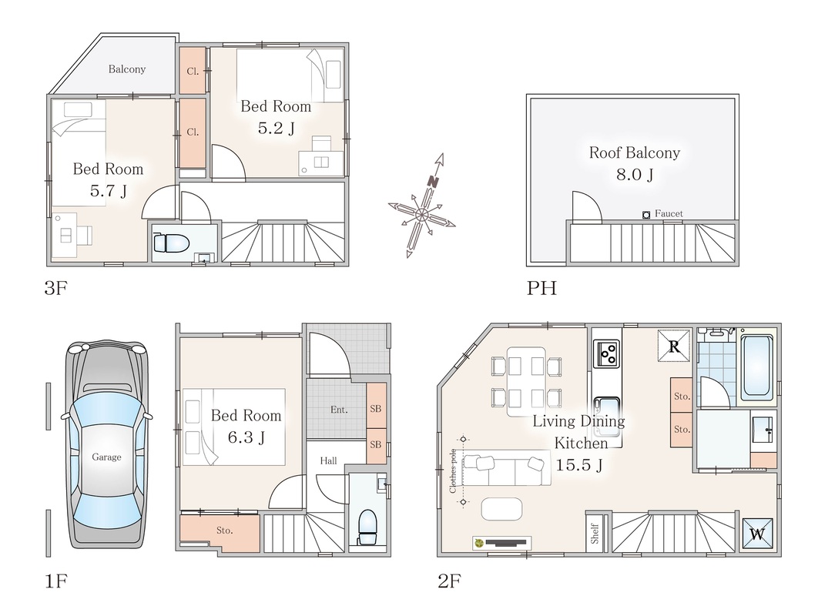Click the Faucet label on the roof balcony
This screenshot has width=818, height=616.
(669, 213)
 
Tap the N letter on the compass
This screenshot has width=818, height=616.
(432, 182)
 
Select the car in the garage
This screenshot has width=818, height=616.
(106, 444)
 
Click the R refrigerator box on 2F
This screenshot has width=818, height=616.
(673, 346)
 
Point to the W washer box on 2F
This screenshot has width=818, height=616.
(757, 534)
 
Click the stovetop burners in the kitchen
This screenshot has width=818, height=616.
(607, 354)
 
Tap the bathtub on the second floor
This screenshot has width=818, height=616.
(757, 367)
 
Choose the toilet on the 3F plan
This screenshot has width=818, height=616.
(167, 243)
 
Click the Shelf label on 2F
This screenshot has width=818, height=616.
(595, 534)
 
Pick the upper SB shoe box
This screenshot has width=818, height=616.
(376, 408)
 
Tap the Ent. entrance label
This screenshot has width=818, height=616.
(339, 410)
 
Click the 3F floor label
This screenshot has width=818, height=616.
(56, 287)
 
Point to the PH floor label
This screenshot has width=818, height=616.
(541, 287)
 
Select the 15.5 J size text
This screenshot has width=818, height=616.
(578, 464)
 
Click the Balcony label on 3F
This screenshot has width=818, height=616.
(127, 69)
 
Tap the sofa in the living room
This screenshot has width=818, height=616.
(506, 470)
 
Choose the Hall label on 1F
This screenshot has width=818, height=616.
(328, 460)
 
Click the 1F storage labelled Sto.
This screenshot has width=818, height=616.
(224, 531)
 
